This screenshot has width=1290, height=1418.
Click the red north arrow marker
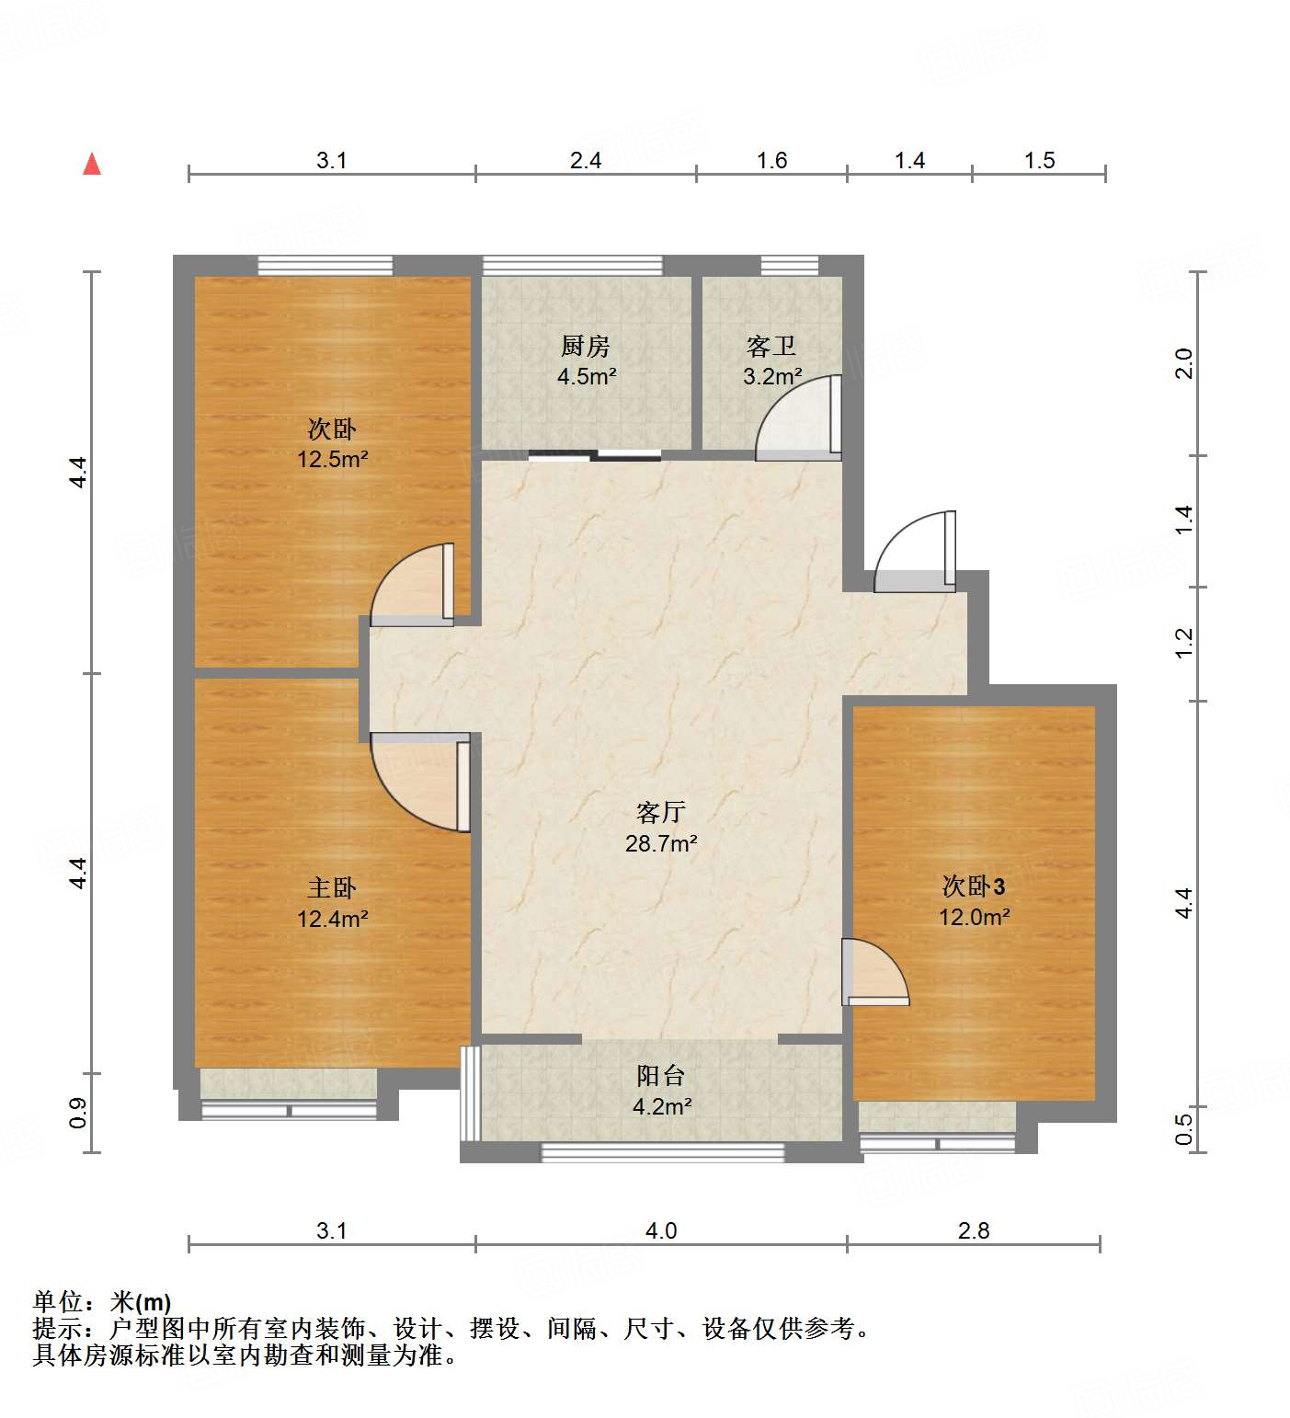click(92, 165)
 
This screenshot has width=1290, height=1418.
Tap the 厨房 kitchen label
click(586, 347)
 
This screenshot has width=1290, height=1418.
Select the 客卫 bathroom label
click(771, 347)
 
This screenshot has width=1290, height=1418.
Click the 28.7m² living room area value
click(661, 843)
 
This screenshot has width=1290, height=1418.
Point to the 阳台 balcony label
click(661, 1076)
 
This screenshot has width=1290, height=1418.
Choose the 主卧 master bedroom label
click(332, 888)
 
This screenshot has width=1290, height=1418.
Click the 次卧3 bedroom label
click(974, 886)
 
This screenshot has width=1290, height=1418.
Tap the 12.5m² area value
click(332, 459)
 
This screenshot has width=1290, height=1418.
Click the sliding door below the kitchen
click(595, 454)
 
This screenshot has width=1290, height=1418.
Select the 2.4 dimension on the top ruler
click(586, 161)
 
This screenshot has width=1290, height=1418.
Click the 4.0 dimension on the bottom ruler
click(661, 1230)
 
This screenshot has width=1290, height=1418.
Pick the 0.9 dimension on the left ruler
click(79, 1113)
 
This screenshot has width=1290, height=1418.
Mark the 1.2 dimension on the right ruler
click(1184, 642)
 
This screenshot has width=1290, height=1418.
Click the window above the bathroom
click(789, 266)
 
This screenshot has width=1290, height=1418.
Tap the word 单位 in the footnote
click(58, 1302)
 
